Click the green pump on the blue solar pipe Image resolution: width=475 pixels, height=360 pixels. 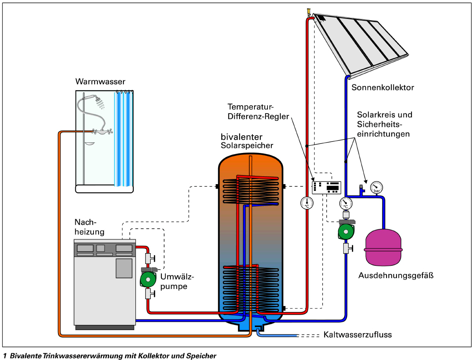pyautogui.click(x=346, y=231)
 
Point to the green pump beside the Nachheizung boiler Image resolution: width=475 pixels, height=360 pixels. pyautogui.click(x=148, y=279)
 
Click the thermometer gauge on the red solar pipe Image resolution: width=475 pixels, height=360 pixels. pyautogui.click(x=306, y=203)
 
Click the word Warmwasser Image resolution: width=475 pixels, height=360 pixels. pyautogui.click(x=100, y=82)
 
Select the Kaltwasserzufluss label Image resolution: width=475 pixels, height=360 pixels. pyautogui.click(x=357, y=335)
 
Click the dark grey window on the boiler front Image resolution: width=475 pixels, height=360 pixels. pyautogui.click(x=123, y=268)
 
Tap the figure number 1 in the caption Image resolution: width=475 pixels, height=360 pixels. pyautogui.click(x=5, y=356)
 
